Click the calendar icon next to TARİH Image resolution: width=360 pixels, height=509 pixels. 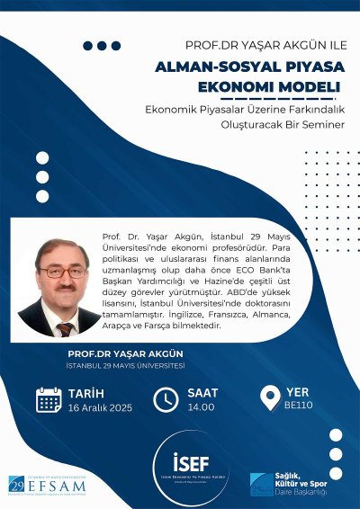point(48,399)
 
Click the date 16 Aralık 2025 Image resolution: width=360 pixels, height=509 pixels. point(99,406)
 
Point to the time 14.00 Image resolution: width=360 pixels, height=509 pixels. point(201,406)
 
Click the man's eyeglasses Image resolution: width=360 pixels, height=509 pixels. point(63,271)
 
